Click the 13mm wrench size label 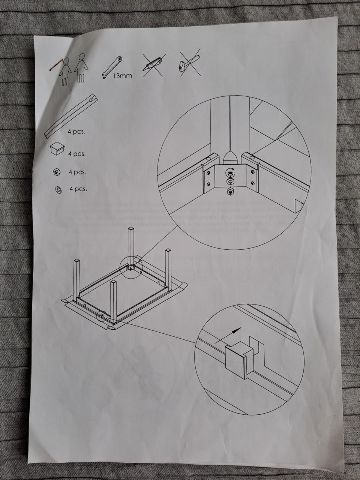click(x=122, y=76)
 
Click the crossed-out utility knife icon click(x=153, y=64)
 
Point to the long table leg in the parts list click(x=71, y=115)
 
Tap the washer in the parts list click(x=58, y=190)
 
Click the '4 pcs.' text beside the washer click(x=78, y=189)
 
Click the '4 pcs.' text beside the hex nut click(x=77, y=172)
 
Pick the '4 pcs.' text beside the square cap click(x=77, y=154)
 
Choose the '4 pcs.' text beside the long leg click(x=76, y=132)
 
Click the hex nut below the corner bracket click(x=230, y=192)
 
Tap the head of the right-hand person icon click(x=81, y=57)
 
